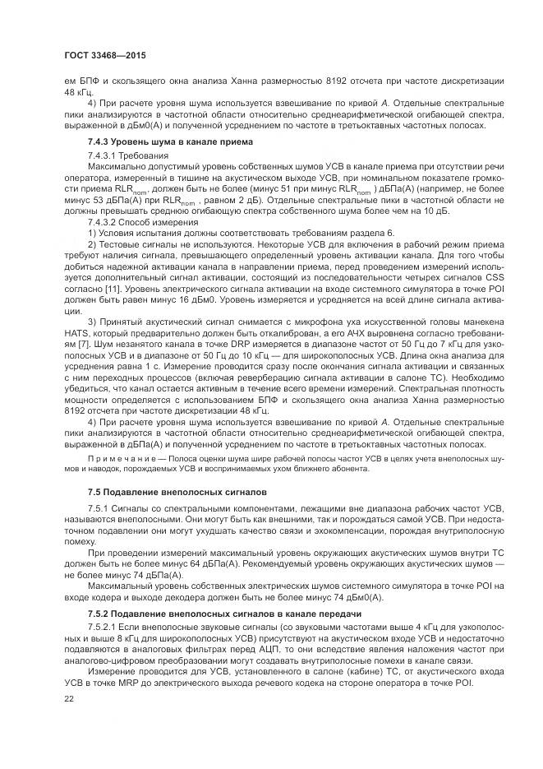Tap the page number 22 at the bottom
tap(70, 698)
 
